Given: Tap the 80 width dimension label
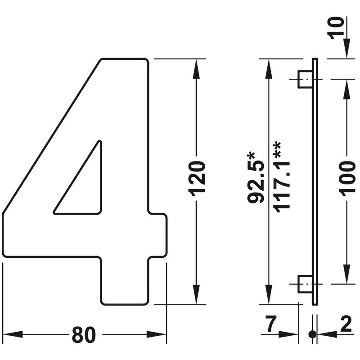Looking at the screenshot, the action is [x=84, y=334].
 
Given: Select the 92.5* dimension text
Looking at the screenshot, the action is [x=256, y=178].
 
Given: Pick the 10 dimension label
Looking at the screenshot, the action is [x=337, y=28].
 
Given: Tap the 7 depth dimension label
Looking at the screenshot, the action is [x=271, y=324].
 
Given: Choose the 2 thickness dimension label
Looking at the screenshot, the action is [x=346, y=324].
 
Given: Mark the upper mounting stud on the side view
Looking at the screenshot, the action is [x=305, y=79].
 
